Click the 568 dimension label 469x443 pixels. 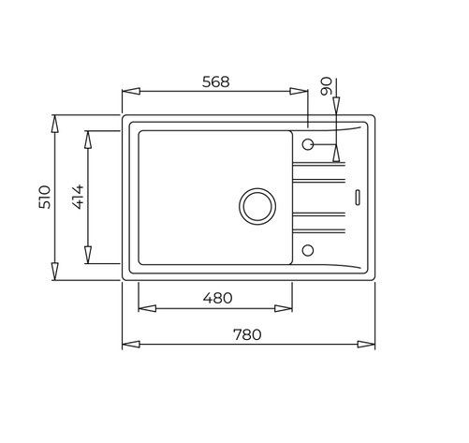(215, 81)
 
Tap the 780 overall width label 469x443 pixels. (247, 334)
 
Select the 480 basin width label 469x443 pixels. (217, 298)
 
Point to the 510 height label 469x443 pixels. (44, 197)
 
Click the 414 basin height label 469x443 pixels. (78, 197)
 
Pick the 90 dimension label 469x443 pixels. (326, 86)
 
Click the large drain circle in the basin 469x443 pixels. (257, 206)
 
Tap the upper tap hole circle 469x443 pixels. (308, 144)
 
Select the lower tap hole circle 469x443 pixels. (308, 250)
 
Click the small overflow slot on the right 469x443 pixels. (358, 198)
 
